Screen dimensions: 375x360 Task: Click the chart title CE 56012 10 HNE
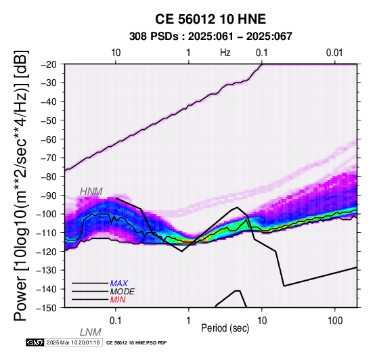point(211,19)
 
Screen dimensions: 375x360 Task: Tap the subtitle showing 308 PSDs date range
point(211,37)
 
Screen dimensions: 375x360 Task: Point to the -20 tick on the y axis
point(49,64)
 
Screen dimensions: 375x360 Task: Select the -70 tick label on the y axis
point(49,158)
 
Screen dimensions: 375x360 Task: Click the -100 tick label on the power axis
point(47,214)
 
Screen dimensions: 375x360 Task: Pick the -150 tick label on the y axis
point(47,308)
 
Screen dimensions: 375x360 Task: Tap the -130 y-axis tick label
point(47,270)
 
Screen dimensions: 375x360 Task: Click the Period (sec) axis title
point(225,328)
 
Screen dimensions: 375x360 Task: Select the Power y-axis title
point(20,185)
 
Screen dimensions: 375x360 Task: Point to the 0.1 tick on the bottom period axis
point(116,321)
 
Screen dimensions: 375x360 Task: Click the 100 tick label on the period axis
point(335,321)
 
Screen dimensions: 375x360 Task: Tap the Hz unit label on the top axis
point(225,53)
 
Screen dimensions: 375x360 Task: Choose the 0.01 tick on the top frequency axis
point(334,53)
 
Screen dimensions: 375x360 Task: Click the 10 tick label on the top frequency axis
point(116,53)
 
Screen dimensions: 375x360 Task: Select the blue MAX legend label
point(119,284)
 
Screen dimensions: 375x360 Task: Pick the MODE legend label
point(123,292)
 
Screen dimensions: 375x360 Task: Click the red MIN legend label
point(118,300)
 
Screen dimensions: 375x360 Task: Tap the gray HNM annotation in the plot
point(91,192)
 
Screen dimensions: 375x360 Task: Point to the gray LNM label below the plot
point(91,332)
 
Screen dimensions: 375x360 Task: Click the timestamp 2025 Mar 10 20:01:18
point(73,343)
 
